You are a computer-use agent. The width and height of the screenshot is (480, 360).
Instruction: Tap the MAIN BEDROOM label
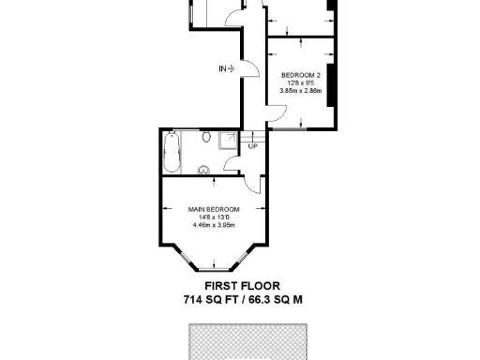(x=213, y=208)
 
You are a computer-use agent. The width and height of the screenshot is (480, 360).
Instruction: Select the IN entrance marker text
(x=223, y=68)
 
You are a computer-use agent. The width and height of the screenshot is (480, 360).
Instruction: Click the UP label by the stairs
(x=252, y=146)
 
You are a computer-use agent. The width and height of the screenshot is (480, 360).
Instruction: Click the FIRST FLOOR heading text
(x=242, y=286)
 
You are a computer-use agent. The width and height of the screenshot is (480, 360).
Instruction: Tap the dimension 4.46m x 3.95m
(x=213, y=225)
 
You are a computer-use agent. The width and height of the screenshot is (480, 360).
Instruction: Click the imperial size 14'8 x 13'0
(x=213, y=217)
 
